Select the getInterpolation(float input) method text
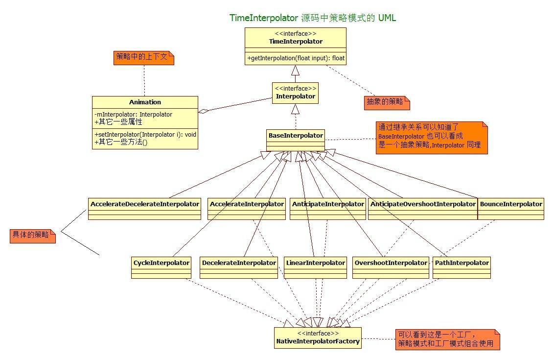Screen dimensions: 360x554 (296, 58)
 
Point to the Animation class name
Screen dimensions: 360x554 (145, 102)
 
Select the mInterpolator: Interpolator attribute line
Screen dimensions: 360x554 (134, 114)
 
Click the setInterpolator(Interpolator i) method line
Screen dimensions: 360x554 (145, 134)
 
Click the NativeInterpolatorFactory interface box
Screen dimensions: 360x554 (318, 338)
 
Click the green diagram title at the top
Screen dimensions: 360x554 (313, 18)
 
